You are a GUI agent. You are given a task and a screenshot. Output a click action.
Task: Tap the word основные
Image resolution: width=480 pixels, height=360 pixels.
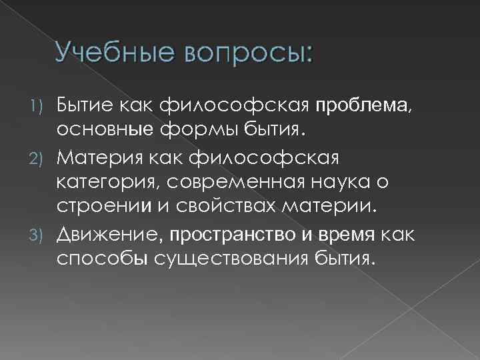coord(99,127)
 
